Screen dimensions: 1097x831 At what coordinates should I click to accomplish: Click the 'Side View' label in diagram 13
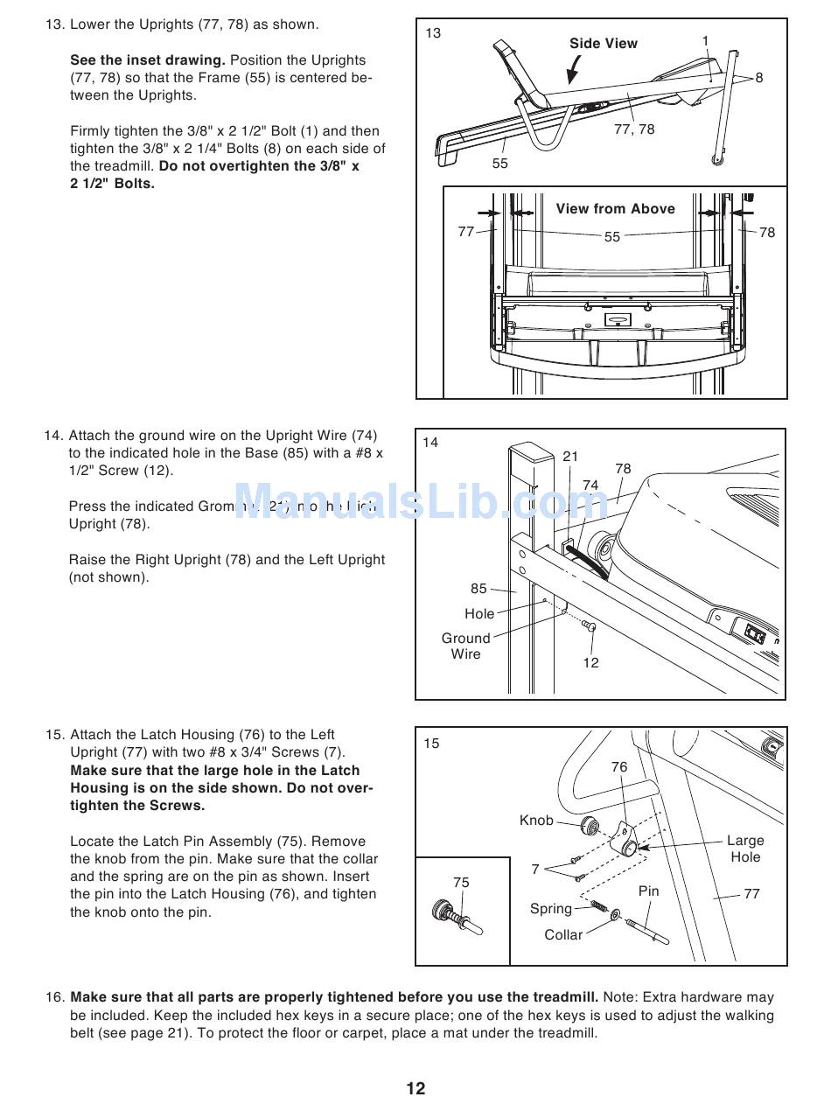(x=603, y=44)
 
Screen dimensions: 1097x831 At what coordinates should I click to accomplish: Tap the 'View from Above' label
(x=615, y=209)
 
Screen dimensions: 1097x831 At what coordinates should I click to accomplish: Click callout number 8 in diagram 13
(x=759, y=78)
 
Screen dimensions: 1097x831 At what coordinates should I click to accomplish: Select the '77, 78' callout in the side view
(x=634, y=129)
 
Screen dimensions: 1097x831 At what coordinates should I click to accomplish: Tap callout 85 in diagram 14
(x=478, y=589)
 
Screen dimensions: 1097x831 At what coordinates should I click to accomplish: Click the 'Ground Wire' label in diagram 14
(x=465, y=646)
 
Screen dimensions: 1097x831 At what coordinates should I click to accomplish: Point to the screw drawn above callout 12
(x=589, y=626)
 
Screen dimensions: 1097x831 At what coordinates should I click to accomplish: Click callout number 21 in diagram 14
(x=570, y=457)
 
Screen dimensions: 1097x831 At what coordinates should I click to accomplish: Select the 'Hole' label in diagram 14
(x=479, y=614)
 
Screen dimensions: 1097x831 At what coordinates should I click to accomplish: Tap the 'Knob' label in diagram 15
(x=536, y=821)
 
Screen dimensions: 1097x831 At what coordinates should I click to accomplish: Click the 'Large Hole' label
(x=745, y=849)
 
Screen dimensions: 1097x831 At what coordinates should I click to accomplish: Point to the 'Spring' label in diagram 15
(x=551, y=909)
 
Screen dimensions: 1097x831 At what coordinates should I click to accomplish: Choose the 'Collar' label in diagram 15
(x=563, y=935)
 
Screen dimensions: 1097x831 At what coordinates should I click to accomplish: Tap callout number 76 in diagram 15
(x=619, y=767)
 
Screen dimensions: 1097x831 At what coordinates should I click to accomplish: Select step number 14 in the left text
(x=53, y=436)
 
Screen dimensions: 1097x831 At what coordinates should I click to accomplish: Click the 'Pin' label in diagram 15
(x=649, y=891)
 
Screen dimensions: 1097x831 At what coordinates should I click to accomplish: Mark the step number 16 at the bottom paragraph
(x=55, y=997)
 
